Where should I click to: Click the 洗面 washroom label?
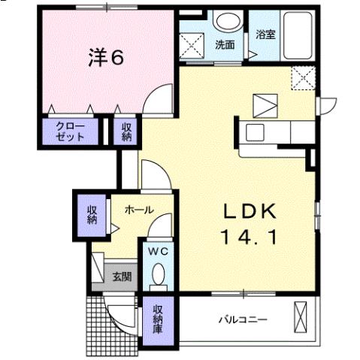pos(224,44)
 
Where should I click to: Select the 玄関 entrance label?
pos(122,276)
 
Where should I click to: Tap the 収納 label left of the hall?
pos(92,215)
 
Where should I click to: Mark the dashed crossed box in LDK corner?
pos(304,76)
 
